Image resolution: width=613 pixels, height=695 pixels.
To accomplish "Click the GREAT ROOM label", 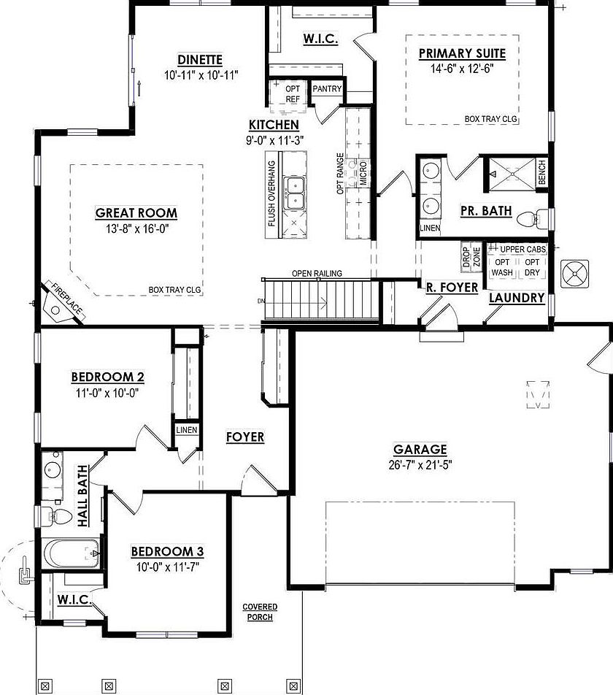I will coord(136,213).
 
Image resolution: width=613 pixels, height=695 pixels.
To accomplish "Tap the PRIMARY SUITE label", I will coord(462,53).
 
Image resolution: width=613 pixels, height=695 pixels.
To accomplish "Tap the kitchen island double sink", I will coord(296,192).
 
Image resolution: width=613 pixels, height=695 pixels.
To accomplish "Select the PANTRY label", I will coord(326,89).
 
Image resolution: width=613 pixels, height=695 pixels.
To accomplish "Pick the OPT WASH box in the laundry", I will coord(503,267).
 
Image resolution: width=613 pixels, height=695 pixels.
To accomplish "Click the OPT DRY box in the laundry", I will coord(533,267).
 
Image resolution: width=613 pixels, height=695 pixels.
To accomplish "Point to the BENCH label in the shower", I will coord(541,172).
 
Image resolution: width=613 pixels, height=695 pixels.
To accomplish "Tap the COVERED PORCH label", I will coord(259,612).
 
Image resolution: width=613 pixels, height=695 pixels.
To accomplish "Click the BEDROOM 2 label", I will coord(107,377).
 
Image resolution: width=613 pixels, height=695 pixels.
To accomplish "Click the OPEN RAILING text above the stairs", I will coord(317,274).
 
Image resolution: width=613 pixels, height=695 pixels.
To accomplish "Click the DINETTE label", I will coord(200,60).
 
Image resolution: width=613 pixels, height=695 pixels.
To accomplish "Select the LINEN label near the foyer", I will coord(186,430).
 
